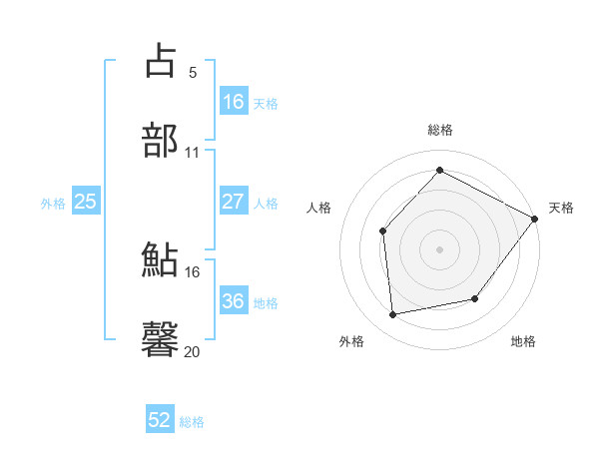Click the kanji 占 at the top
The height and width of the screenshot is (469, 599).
(x=161, y=61)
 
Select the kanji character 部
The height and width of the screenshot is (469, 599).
(x=161, y=141)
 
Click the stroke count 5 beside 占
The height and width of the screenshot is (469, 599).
(x=193, y=72)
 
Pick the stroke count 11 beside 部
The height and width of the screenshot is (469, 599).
(x=193, y=153)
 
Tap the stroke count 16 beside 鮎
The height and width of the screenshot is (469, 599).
(x=193, y=271)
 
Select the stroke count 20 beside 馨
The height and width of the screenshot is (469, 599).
(x=193, y=351)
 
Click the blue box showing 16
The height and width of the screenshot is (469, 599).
(x=233, y=102)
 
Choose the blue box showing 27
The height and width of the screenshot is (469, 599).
(x=233, y=202)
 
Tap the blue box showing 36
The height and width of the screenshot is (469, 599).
(x=233, y=301)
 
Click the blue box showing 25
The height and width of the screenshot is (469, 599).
(x=85, y=202)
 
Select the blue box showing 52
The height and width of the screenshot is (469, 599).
(x=160, y=421)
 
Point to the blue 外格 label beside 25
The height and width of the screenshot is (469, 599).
(x=53, y=204)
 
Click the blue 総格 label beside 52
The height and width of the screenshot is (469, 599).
(x=192, y=423)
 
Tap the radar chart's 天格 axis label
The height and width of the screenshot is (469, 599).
(x=561, y=208)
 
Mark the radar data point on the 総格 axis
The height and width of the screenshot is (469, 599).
(x=439, y=171)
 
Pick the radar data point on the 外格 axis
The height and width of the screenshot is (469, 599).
(x=393, y=315)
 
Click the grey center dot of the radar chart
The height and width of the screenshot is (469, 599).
(x=439, y=249)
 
